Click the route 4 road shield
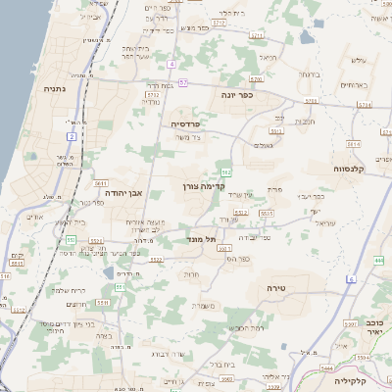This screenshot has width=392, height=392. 171,64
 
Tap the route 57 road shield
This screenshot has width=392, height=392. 182,82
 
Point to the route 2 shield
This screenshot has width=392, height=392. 72,136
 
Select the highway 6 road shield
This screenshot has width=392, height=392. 350,279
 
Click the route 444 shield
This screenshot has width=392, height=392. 378,261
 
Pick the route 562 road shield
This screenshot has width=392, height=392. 224,172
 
